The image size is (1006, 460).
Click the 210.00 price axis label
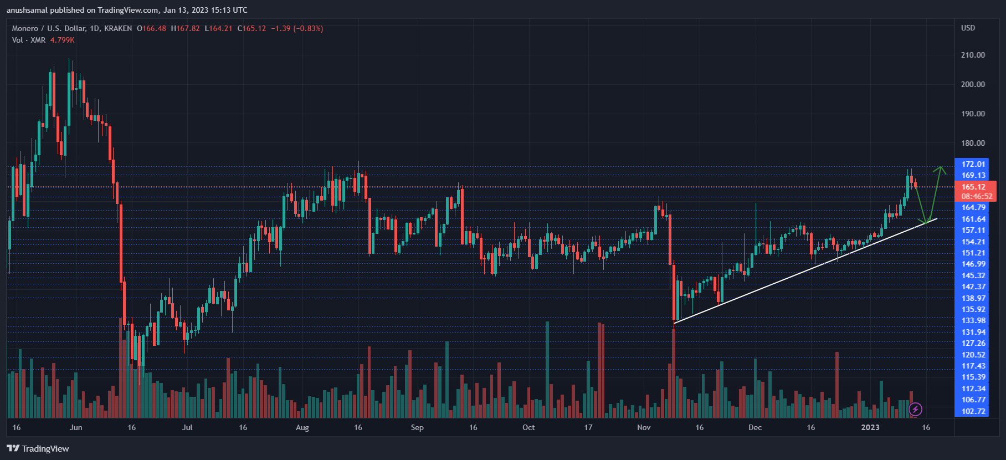[973, 55]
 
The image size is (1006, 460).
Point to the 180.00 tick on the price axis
[973, 143]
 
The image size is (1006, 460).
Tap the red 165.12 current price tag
[973, 187]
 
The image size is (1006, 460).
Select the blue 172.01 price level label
[973, 164]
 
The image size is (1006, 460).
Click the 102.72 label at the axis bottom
[973, 411]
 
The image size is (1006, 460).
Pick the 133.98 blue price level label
[973, 320]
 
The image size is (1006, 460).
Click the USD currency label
[968, 28]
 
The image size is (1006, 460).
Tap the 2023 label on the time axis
[870, 427]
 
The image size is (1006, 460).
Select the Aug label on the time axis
[302, 427]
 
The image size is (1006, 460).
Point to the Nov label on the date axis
[644, 427]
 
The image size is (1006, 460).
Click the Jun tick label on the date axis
[76, 427]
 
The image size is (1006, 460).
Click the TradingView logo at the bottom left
[38, 448]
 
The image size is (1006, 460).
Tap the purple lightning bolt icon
[915, 410]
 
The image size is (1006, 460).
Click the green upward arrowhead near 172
[940, 170]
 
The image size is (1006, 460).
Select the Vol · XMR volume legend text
[29, 40]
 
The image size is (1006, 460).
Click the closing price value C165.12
[251, 28]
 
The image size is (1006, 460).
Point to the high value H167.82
[185, 28]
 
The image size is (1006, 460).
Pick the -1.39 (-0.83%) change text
[297, 28]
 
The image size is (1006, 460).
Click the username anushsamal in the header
[27, 10]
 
